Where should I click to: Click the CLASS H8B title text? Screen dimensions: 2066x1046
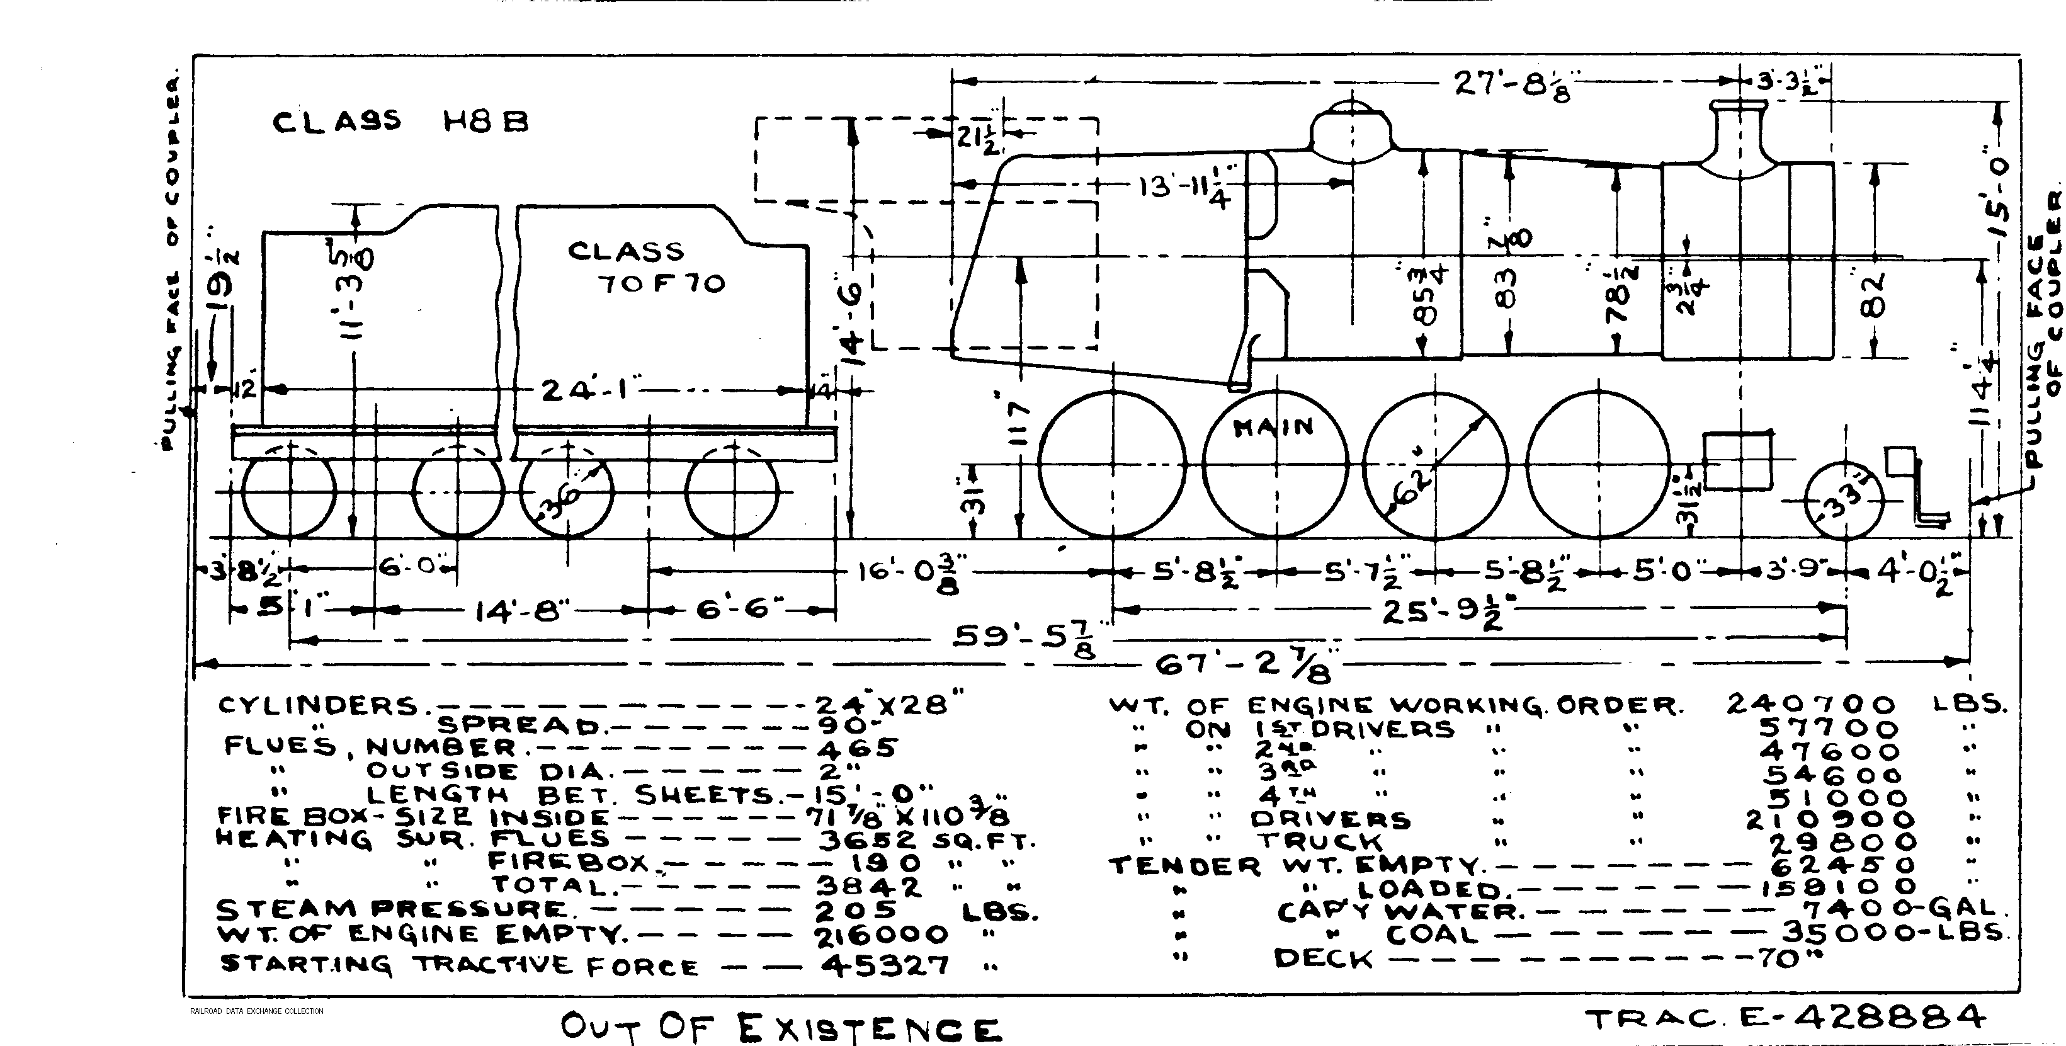[x=400, y=122]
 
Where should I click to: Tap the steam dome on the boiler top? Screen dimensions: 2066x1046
[x=1352, y=128]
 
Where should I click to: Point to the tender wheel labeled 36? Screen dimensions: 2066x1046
[x=567, y=491]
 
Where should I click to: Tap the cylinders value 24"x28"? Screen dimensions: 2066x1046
[x=888, y=703]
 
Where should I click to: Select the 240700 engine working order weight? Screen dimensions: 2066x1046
[x=1811, y=704]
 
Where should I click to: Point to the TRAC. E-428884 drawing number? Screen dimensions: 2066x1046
[x=1785, y=1019]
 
